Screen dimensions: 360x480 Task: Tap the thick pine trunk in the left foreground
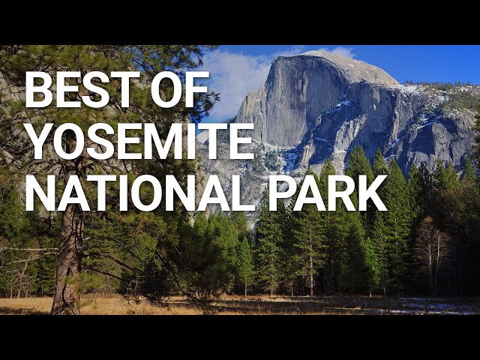[70, 262]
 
